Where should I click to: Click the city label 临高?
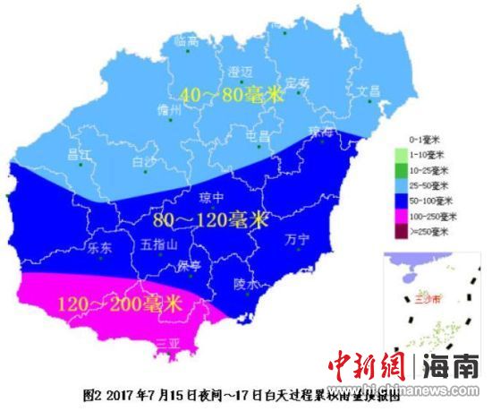point(186,41)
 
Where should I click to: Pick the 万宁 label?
point(296,239)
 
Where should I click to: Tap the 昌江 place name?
point(80,154)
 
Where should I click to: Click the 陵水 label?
point(246,285)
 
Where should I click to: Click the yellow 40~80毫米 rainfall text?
point(231,95)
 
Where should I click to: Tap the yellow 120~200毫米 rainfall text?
point(118,304)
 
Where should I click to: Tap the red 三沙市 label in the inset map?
point(416,301)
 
